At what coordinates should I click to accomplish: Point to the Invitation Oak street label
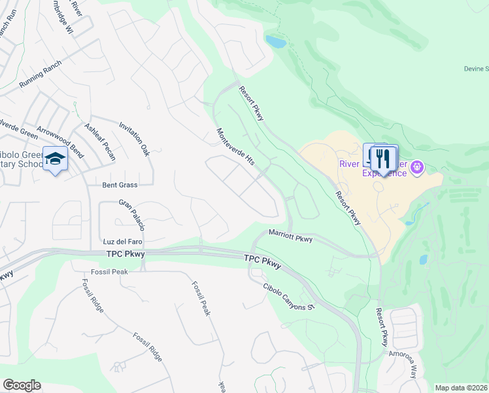click(134, 138)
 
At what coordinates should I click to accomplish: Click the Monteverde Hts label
click(235, 146)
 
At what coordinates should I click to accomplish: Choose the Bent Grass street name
click(118, 185)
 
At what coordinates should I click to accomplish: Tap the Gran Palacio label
click(131, 215)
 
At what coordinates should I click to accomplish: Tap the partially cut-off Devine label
click(476, 69)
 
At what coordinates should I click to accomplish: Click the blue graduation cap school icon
click(56, 160)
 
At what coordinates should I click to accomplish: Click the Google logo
click(22, 385)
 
